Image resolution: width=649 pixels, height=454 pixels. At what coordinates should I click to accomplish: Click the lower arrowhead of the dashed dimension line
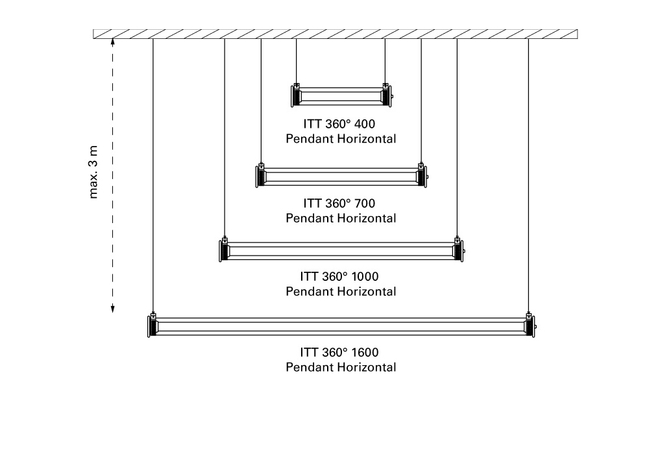[112, 308]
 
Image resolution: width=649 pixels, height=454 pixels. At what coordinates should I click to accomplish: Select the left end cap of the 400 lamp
[296, 95]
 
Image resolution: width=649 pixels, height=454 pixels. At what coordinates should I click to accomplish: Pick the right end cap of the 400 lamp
[386, 95]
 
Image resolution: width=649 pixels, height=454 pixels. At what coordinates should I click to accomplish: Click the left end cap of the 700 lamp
[260, 175]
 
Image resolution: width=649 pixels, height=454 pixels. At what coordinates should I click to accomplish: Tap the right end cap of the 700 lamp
[421, 175]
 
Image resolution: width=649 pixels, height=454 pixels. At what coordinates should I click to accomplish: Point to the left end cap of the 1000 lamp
[224, 250]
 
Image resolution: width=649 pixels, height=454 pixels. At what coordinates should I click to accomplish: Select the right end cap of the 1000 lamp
[458, 250]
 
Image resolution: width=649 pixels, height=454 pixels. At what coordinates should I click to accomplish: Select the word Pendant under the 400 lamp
[310, 139]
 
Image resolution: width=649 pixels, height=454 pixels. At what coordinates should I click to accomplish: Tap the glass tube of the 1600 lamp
[341, 326]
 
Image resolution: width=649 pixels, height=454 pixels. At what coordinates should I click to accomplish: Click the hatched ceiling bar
[335, 34]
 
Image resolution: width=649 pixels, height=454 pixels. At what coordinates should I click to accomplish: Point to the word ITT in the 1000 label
[308, 276]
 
